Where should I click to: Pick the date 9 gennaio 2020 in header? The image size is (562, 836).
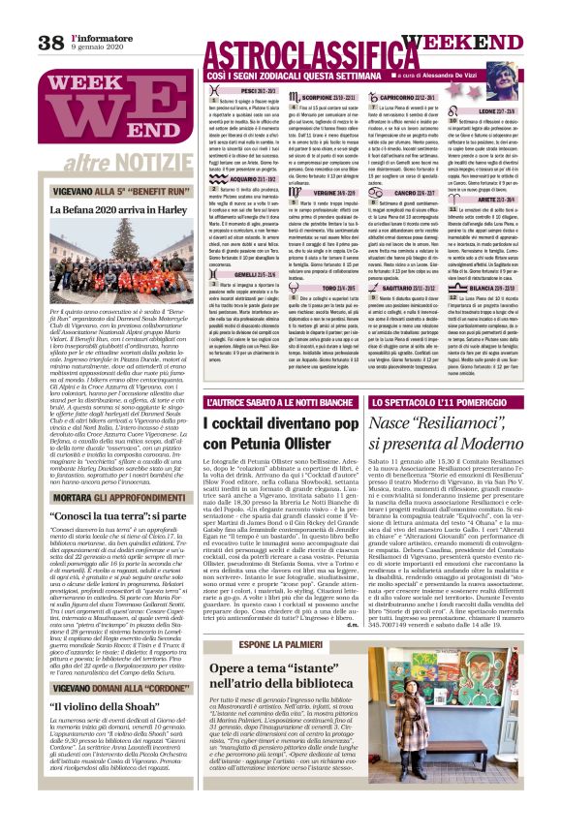click(x=97, y=47)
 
